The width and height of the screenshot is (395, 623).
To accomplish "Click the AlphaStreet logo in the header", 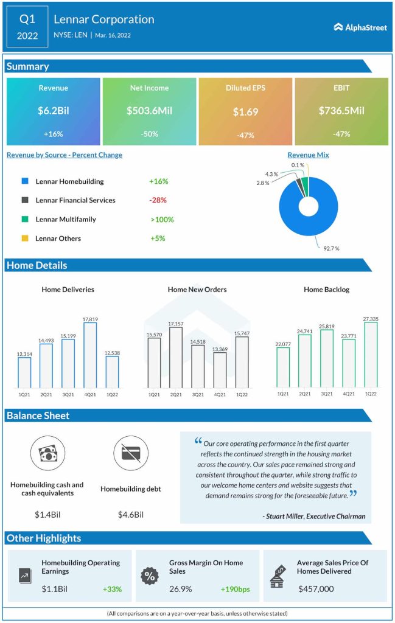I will pos(360,27).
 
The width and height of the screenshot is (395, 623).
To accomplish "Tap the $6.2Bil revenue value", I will pos(53,111).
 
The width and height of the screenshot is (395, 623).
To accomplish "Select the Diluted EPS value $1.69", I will pos(245,112).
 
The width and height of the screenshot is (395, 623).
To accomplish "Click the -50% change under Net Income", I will pos(149,134).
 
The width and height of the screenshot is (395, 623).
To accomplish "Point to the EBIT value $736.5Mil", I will pos(341,111).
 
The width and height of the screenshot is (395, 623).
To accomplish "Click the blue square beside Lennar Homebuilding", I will pos(25,181).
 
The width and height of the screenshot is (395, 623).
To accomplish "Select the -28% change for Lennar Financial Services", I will pos(158,200).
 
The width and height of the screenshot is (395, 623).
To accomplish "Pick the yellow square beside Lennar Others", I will pos(25,238).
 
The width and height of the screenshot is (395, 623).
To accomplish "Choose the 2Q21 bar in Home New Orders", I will pos(176,358).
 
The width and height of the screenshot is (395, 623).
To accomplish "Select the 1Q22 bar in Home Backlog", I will pos(370,355).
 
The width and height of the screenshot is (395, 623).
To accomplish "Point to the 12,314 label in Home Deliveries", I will pos(24,353).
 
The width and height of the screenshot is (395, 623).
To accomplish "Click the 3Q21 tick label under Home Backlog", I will pos(326,394).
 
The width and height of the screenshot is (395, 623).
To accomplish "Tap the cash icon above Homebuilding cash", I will pos(47,453).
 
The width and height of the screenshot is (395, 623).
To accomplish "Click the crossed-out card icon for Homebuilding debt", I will pos(130,453).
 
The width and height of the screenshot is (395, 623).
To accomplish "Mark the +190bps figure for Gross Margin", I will pos(236,589).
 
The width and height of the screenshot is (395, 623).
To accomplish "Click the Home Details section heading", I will pos(37,265).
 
